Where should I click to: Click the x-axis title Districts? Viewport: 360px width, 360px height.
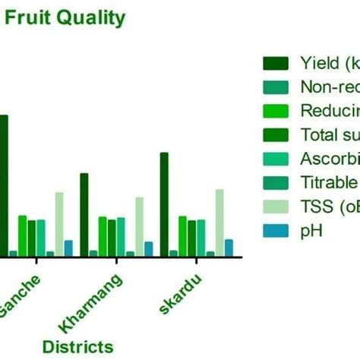coord(77,346)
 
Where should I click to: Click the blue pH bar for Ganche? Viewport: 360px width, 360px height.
coord(68,248)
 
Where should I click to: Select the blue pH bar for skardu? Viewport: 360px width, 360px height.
coord(229,248)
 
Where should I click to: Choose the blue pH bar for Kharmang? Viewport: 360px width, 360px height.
coord(148,249)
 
